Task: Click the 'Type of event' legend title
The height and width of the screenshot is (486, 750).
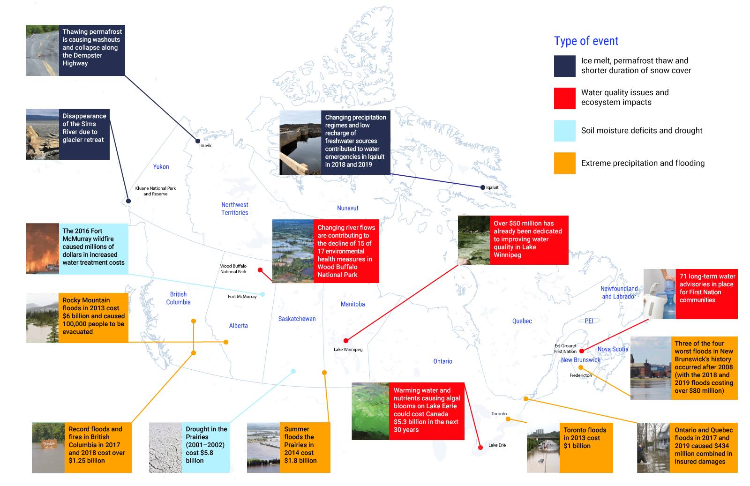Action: point(586,41)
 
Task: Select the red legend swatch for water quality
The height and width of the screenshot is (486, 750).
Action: point(564,98)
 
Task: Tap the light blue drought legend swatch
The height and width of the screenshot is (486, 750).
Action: point(564,131)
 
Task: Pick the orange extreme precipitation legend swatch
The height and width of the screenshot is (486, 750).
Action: point(564,163)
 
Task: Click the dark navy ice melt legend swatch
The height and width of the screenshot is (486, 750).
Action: point(564,66)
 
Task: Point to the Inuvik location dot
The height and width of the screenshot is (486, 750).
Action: point(198,141)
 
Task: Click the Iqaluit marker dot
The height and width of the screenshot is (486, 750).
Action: point(482,187)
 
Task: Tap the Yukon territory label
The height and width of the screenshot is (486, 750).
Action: point(161,167)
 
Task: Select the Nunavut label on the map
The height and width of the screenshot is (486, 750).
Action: point(347,208)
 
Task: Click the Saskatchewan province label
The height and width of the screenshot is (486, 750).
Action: point(297,319)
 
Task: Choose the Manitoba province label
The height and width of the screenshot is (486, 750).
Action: point(353,304)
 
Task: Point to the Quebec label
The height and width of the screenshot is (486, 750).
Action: point(522,321)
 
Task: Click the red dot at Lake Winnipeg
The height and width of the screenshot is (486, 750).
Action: point(346,341)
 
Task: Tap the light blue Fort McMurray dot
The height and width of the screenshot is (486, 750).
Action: point(262,294)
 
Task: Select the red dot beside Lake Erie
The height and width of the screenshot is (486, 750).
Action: point(480,448)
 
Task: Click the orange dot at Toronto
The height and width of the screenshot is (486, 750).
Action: point(508,419)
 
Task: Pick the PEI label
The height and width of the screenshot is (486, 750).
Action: point(589,321)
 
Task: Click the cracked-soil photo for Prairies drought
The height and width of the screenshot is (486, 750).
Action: point(165,448)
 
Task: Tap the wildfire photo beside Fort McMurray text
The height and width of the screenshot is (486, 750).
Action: point(43,249)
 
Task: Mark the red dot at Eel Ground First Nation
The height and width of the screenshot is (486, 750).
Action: point(582,351)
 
